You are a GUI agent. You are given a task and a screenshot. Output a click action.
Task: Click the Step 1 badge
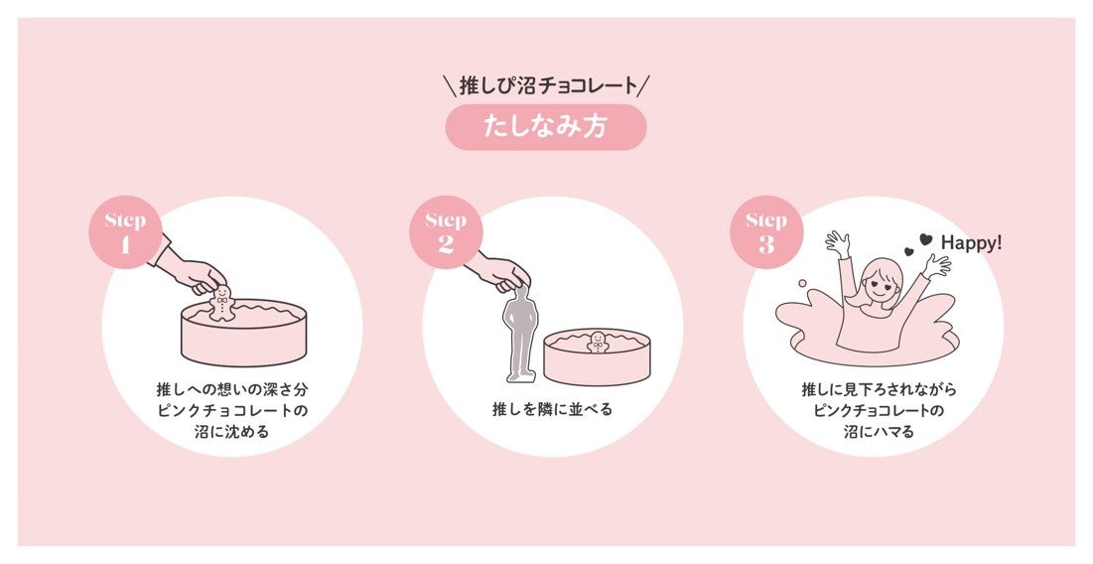pos(125,232)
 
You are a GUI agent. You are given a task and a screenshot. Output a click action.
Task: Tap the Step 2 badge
pos(446,232)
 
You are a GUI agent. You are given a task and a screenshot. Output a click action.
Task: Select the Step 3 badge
pos(766,232)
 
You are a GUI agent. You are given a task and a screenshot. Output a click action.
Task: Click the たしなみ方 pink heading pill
pos(546,127)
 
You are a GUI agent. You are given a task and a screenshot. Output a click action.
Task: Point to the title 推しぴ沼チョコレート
pos(548,85)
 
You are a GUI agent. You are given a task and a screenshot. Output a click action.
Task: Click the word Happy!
pos(971,242)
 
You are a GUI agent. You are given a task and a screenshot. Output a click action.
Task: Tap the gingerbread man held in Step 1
pos(221,303)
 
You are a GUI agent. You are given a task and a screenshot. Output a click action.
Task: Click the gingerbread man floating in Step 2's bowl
pos(598,342)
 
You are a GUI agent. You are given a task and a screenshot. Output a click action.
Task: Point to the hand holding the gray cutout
pos(505,273)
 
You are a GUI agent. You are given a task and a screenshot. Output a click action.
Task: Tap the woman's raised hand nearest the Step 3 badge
pos(839,243)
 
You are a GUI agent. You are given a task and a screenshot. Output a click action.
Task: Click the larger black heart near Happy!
pos(925,239)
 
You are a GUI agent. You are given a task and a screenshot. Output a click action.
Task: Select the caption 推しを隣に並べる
pos(552,409)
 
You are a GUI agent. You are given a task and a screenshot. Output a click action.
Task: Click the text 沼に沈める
pos(231,432)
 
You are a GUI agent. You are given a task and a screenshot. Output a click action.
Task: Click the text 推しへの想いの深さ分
pos(231,388)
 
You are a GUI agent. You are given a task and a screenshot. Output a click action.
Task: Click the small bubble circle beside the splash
pos(802,283)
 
